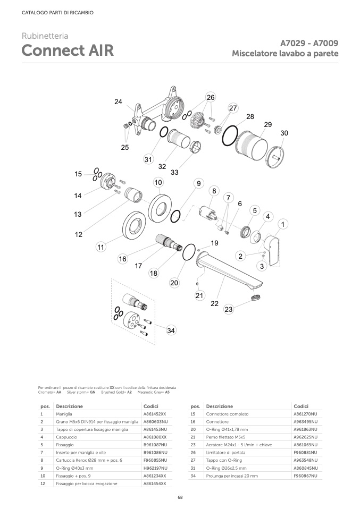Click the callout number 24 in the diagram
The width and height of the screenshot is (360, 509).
[118, 101]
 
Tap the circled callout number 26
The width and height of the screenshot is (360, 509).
[211, 97]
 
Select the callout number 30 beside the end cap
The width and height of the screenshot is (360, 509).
[284, 133]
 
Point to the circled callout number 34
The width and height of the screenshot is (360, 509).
[171, 330]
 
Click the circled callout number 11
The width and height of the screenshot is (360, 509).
[100, 247]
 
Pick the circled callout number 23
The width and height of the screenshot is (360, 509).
[229, 309]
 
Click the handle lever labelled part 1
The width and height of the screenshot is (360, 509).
[274, 249]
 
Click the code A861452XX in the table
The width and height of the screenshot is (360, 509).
[155, 413]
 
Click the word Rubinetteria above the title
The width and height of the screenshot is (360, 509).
[45, 36]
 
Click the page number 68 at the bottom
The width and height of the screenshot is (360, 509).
[180, 497]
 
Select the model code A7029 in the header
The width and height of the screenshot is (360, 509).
[293, 44]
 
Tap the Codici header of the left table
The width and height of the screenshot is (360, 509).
[151, 406]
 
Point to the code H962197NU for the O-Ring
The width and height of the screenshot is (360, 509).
[155, 468]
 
